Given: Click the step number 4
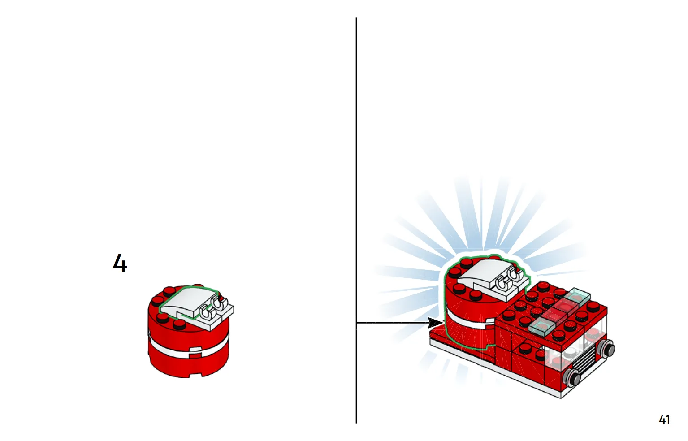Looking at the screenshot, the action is pyautogui.click(x=120, y=263).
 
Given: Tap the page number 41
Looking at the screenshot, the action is pyautogui.click(x=664, y=419).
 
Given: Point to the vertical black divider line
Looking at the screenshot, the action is pyautogui.click(x=356, y=220).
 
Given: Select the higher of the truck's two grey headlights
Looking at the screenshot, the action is pyautogui.click(x=607, y=349).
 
